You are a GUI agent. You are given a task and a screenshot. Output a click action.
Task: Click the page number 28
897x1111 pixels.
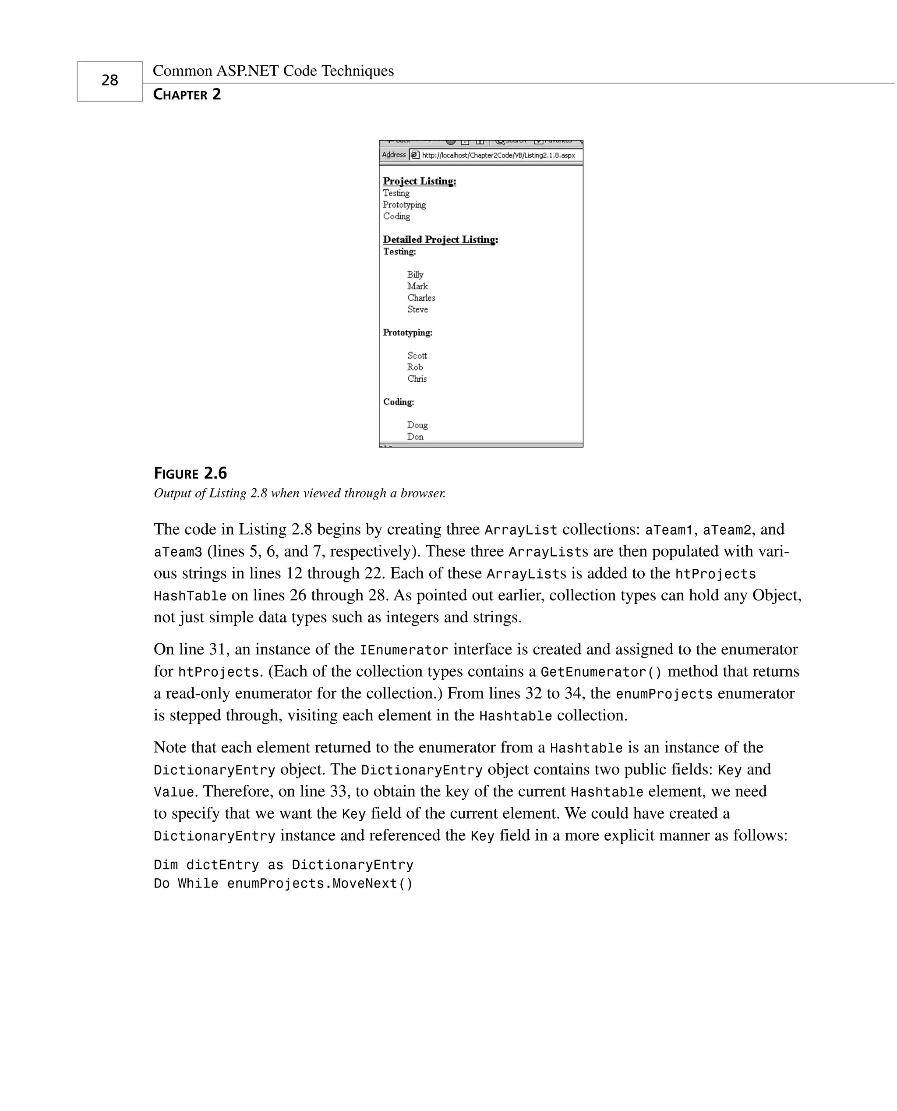[109, 80]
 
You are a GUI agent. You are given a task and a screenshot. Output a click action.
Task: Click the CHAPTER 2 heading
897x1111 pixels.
[187, 95]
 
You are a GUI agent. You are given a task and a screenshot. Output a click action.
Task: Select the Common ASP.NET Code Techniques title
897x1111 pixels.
[273, 71]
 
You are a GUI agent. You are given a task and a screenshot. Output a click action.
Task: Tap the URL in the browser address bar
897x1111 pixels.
[498, 155]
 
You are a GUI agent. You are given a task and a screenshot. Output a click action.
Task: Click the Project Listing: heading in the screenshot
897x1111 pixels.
[419, 181]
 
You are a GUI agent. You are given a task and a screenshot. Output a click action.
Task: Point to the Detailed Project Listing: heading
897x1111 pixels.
[440, 239]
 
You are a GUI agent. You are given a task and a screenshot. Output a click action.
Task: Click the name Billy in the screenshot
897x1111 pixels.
[415, 274]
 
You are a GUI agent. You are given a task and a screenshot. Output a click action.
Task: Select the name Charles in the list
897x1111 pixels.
[421, 298]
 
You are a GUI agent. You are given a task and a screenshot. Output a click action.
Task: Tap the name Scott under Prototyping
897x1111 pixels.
[417, 356]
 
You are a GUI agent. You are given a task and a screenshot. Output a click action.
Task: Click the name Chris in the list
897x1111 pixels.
[417, 379]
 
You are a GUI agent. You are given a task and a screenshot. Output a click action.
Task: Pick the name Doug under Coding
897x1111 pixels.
[417, 425]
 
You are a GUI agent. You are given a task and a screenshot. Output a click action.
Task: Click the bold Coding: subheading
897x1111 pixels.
[399, 402]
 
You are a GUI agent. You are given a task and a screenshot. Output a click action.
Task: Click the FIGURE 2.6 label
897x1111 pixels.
[190, 473]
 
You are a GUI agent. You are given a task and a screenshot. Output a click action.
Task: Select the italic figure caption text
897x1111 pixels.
[300, 493]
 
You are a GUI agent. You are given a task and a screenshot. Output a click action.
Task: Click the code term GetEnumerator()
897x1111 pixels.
[601, 672]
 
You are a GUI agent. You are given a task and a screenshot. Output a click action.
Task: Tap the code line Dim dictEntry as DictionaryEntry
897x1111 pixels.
[283, 865]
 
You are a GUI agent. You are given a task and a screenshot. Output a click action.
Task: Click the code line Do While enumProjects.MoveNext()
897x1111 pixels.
[283, 884]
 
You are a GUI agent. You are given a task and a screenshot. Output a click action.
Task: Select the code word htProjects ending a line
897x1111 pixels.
[715, 574]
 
